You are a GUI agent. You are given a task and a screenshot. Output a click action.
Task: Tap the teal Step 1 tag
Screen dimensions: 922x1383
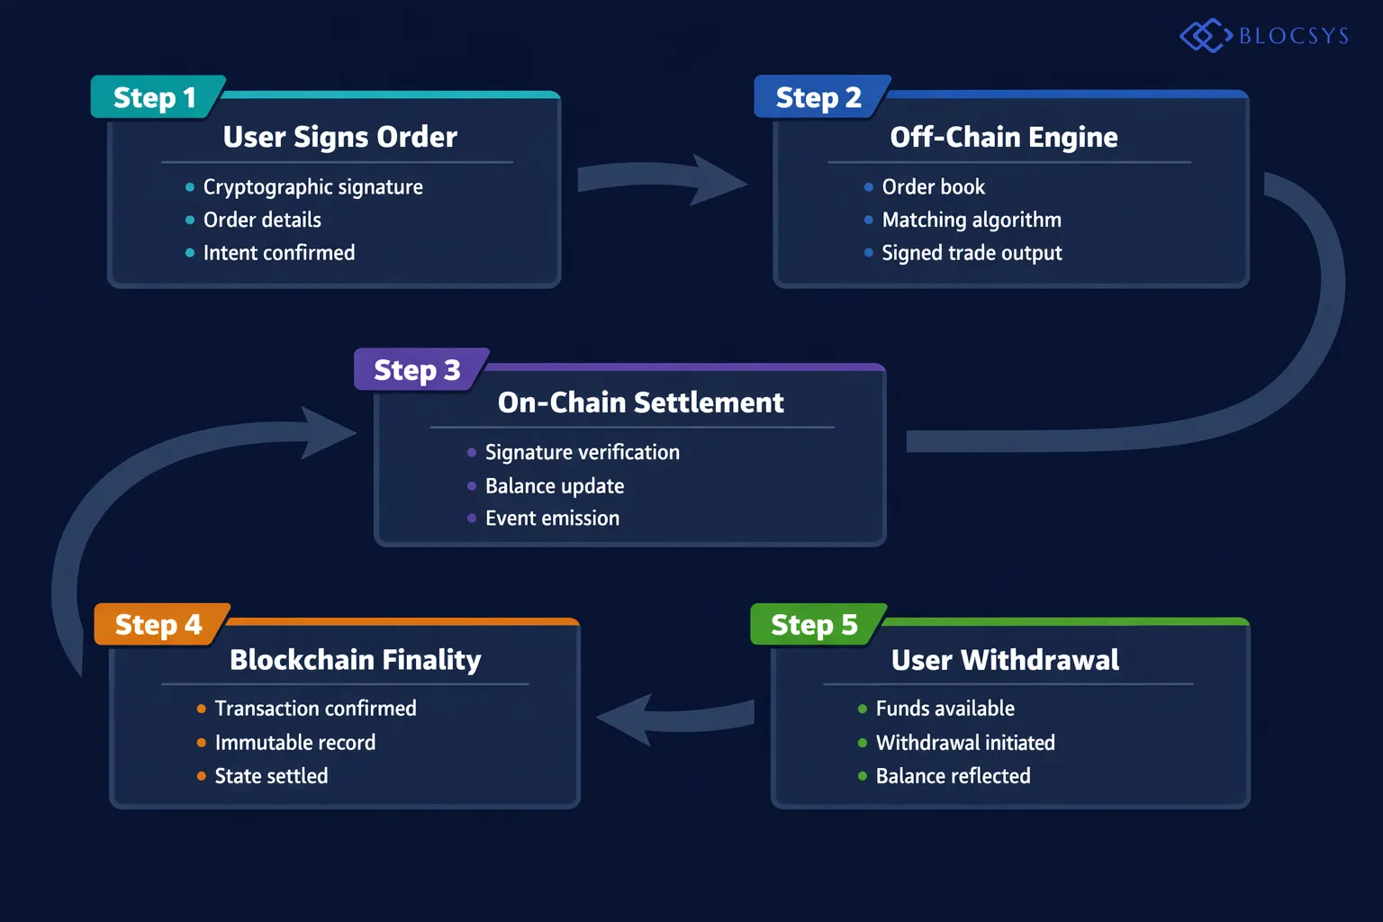click(155, 97)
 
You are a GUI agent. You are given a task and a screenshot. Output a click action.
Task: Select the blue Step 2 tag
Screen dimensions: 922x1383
click(818, 97)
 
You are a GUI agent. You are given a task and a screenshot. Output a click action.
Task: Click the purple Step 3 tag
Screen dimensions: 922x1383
click(417, 370)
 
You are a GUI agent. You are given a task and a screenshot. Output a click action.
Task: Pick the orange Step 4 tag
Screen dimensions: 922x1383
click(158, 625)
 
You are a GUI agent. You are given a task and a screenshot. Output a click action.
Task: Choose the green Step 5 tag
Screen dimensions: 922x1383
click(814, 625)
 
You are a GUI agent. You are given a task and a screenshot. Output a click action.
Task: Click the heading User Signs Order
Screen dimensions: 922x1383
click(339, 137)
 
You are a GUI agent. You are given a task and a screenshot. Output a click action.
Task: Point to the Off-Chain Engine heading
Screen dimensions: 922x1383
click(1003, 137)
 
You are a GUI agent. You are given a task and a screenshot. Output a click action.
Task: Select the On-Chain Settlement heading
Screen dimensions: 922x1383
click(640, 402)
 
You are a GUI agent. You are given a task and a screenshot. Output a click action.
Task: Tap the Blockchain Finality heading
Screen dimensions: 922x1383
click(355, 660)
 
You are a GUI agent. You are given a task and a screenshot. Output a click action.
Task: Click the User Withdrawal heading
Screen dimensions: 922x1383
click(1005, 660)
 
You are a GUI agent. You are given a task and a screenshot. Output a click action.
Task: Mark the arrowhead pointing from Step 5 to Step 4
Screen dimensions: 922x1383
click(627, 719)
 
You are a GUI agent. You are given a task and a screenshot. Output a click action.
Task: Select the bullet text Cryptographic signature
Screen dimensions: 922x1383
click(312, 187)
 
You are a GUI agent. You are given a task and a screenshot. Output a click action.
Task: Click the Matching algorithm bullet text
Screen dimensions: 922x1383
click(972, 220)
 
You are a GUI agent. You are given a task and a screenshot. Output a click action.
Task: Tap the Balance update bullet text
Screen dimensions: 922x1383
click(554, 486)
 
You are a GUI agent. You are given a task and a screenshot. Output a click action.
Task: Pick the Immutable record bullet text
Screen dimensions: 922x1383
click(294, 743)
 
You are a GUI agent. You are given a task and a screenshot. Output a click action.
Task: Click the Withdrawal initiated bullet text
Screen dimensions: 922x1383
click(965, 743)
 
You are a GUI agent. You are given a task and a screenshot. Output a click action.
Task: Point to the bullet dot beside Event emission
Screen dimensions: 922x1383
click(472, 519)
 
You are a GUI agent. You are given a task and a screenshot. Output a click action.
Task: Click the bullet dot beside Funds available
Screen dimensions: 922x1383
click(863, 710)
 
